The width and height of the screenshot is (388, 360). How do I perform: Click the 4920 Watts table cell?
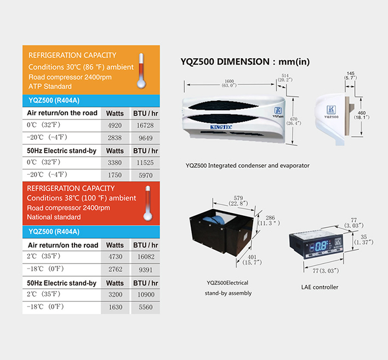coord(115,125)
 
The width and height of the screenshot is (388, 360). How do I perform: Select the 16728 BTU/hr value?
coord(145,125)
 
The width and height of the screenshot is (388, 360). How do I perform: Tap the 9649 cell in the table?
coord(145,138)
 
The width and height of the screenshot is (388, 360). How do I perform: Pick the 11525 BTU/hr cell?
coord(145,163)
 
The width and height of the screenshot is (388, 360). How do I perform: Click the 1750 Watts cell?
coord(115,175)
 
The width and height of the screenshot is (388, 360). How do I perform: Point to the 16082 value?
coord(146,257)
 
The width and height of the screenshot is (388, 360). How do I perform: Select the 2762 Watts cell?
coord(115,269)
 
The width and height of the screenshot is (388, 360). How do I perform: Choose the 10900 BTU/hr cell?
coord(146,294)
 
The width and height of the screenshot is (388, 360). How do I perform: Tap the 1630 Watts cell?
coord(116,307)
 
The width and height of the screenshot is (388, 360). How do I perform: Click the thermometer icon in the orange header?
coord(141,71)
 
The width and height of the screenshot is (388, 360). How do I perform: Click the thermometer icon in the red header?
coord(148,203)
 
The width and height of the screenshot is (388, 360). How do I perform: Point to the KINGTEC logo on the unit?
coord(221,127)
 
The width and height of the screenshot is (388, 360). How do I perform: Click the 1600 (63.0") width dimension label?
coord(229,83)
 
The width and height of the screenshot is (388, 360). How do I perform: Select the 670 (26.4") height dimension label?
coord(294,121)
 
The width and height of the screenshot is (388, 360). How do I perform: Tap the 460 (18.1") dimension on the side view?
coord(362,115)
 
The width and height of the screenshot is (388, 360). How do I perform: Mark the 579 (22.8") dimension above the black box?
coord(238,201)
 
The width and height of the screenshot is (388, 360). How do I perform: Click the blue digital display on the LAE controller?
coord(319,246)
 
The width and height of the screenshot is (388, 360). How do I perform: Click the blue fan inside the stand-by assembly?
coord(214,220)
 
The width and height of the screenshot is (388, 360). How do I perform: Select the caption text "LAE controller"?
coord(319,287)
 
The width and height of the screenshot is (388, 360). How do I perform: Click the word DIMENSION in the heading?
coord(243,61)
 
